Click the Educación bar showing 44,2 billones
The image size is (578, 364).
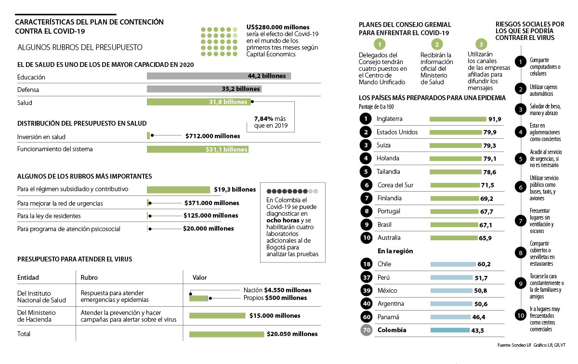(219, 76)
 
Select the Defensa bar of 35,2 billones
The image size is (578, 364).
(204, 89)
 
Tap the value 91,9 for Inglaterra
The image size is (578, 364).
(495, 119)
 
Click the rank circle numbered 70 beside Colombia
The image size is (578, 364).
(366, 330)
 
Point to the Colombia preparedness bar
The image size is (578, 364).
(449, 330)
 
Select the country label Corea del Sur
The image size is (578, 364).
(395, 185)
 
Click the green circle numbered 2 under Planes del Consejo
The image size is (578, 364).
(437, 45)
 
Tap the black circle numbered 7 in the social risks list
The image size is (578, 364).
(520, 221)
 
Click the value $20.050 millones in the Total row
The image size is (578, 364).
(292, 334)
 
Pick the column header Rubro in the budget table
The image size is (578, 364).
(89, 277)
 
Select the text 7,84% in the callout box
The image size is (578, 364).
(263, 118)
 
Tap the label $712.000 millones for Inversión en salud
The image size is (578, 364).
(212, 136)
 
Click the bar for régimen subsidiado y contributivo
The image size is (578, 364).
(178, 190)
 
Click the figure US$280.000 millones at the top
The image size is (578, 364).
(278, 27)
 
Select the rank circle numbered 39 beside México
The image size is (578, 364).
(366, 290)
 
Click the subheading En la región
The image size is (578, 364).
(395, 251)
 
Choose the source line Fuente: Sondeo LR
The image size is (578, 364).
(514, 345)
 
